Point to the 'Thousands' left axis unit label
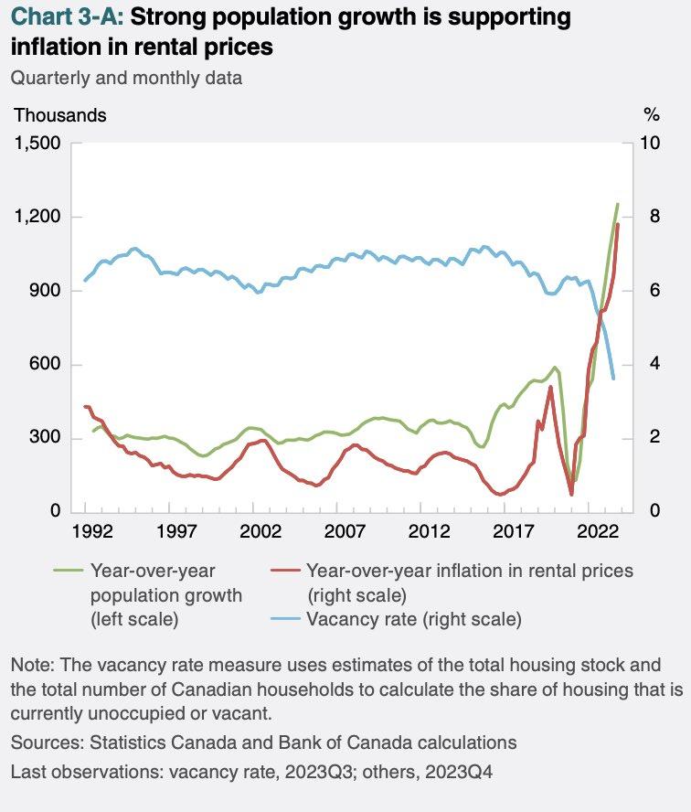click(x=59, y=115)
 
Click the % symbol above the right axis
click(x=651, y=115)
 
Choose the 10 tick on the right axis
click(x=654, y=144)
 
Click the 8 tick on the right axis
click(x=650, y=218)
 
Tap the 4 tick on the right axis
click(x=650, y=365)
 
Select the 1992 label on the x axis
click(x=85, y=531)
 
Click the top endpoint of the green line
click(x=618, y=203)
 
